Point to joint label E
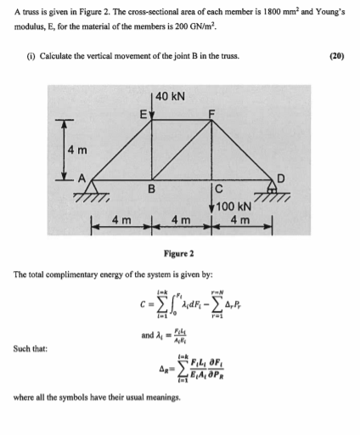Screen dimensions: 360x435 (144, 111)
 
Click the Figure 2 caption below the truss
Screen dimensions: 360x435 (179, 253)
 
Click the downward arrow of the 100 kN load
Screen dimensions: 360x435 (211, 200)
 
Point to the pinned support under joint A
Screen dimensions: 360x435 (88, 192)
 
